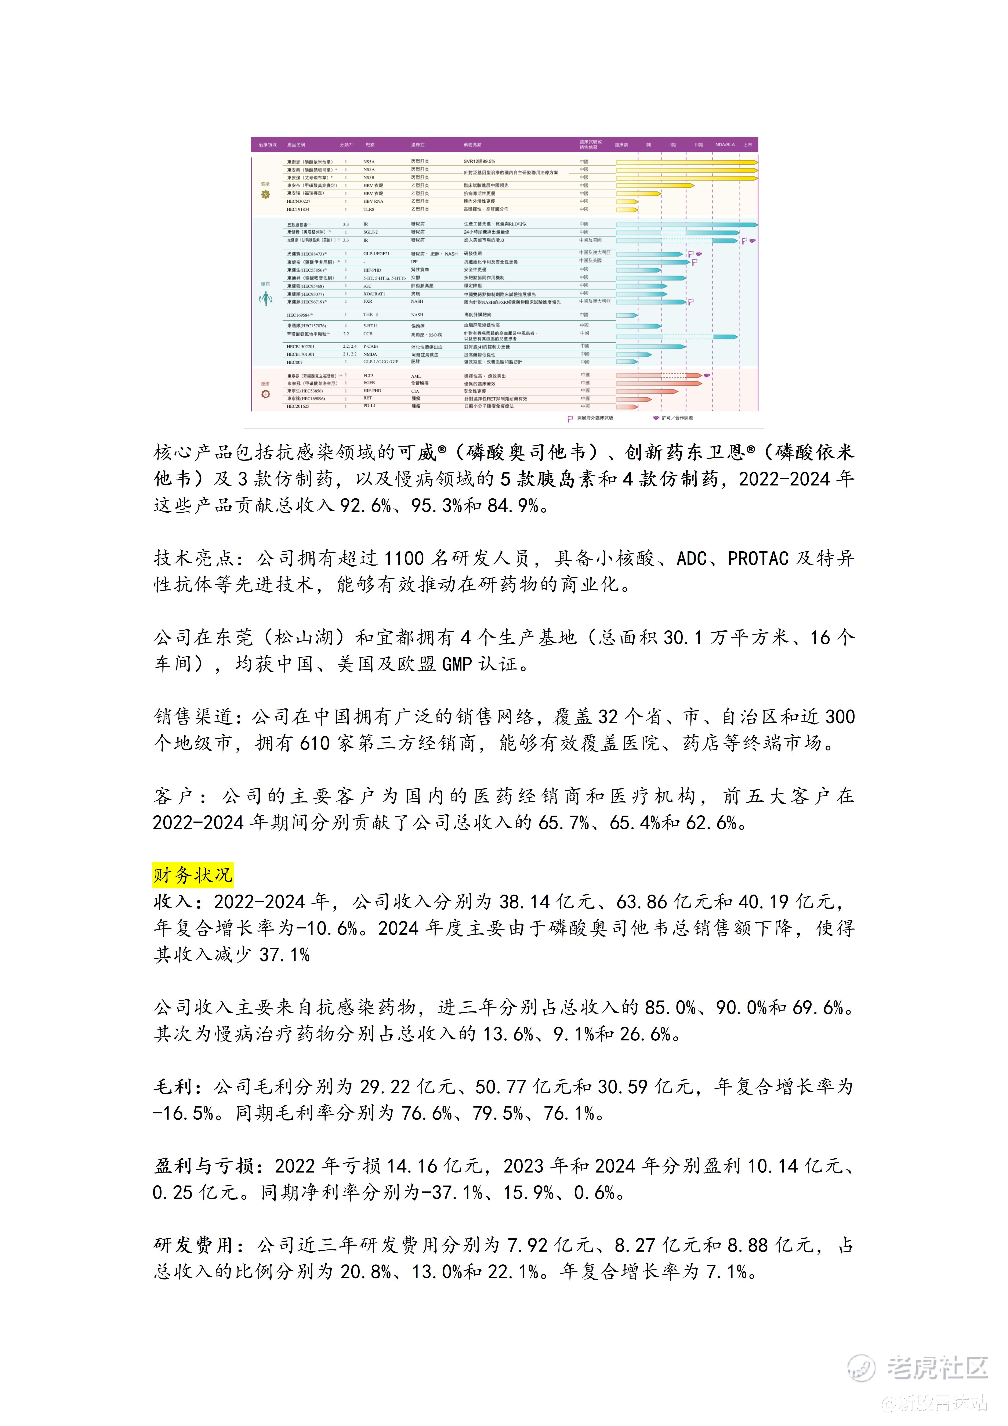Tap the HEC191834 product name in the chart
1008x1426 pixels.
[x=298, y=209]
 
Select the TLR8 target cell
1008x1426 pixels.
[x=369, y=209]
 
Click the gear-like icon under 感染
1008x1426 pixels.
[x=266, y=194]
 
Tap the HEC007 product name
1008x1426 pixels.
[x=294, y=362]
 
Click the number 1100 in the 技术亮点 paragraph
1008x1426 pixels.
[x=404, y=558]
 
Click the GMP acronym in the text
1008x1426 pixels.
[x=457, y=664]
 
